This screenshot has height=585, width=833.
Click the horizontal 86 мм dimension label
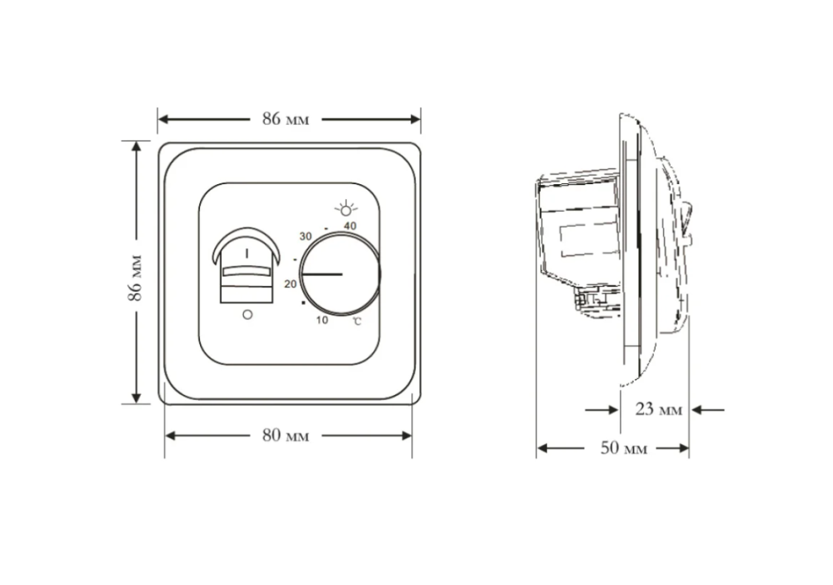tap(286, 119)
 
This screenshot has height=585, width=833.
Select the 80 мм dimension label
tap(286, 436)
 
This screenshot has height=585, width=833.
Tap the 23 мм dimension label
tap(658, 409)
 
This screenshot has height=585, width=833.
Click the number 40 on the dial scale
tap(349, 226)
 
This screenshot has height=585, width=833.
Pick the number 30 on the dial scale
tap(305, 237)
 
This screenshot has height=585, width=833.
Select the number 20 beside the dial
tap(290, 283)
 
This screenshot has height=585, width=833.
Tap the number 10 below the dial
tap(322, 319)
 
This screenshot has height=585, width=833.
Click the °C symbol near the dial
tap(357, 321)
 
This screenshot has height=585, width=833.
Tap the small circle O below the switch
tap(246, 314)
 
